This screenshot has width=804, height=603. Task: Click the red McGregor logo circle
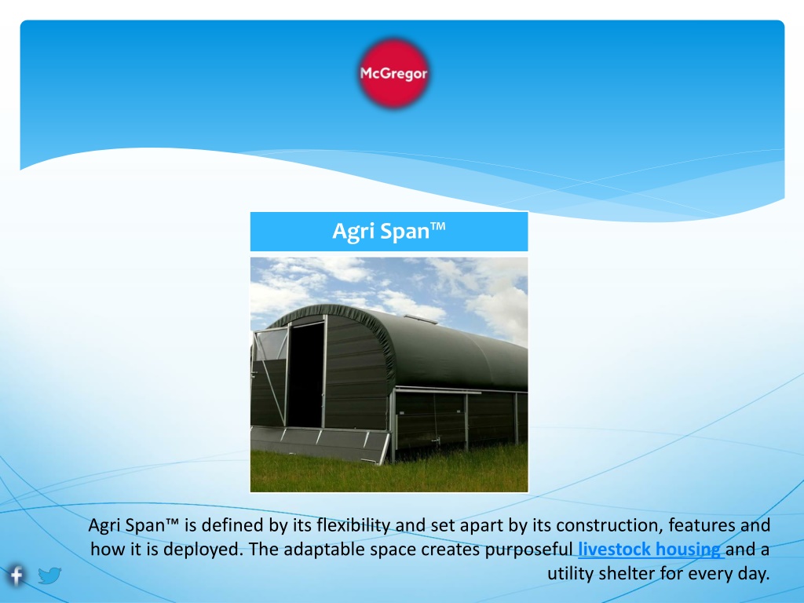[x=393, y=73]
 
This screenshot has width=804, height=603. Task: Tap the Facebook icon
[x=16, y=576]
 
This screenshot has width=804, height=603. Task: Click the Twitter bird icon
[x=49, y=576]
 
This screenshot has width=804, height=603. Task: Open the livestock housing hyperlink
[x=650, y=549]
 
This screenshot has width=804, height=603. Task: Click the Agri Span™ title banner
[x=389, y=232]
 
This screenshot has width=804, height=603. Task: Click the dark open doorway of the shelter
[x=305, y=375]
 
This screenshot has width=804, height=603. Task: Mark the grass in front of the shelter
[x=389, y=472]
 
